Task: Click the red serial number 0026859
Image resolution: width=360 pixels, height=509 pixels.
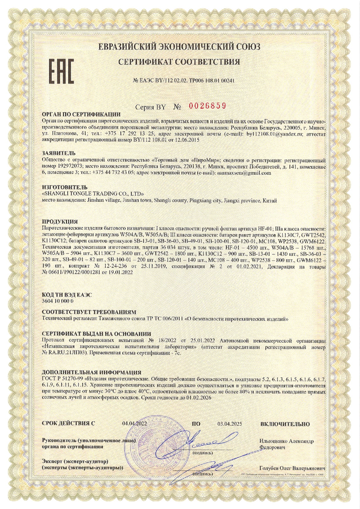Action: (207, 106)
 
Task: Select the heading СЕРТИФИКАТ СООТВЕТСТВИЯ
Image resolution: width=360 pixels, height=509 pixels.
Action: (180, 62)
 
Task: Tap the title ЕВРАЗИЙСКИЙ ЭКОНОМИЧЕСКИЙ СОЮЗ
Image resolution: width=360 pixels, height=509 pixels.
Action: (179, 46)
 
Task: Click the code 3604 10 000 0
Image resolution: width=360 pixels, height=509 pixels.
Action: (57, 301)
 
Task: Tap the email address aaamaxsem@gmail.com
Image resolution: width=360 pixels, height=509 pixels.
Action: (242, 173)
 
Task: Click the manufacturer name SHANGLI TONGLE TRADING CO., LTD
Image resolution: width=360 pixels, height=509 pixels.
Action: (93, 193)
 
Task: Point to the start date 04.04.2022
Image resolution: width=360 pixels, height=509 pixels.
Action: (135, 424)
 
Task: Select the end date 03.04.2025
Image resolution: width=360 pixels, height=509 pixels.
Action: (230, 424)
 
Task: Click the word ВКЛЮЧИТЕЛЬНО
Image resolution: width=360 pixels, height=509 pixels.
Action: (285, 424)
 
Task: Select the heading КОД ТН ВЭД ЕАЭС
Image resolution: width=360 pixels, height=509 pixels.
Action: (67, 294)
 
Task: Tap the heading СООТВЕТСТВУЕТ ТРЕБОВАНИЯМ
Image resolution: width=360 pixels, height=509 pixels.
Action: (89, 312)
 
